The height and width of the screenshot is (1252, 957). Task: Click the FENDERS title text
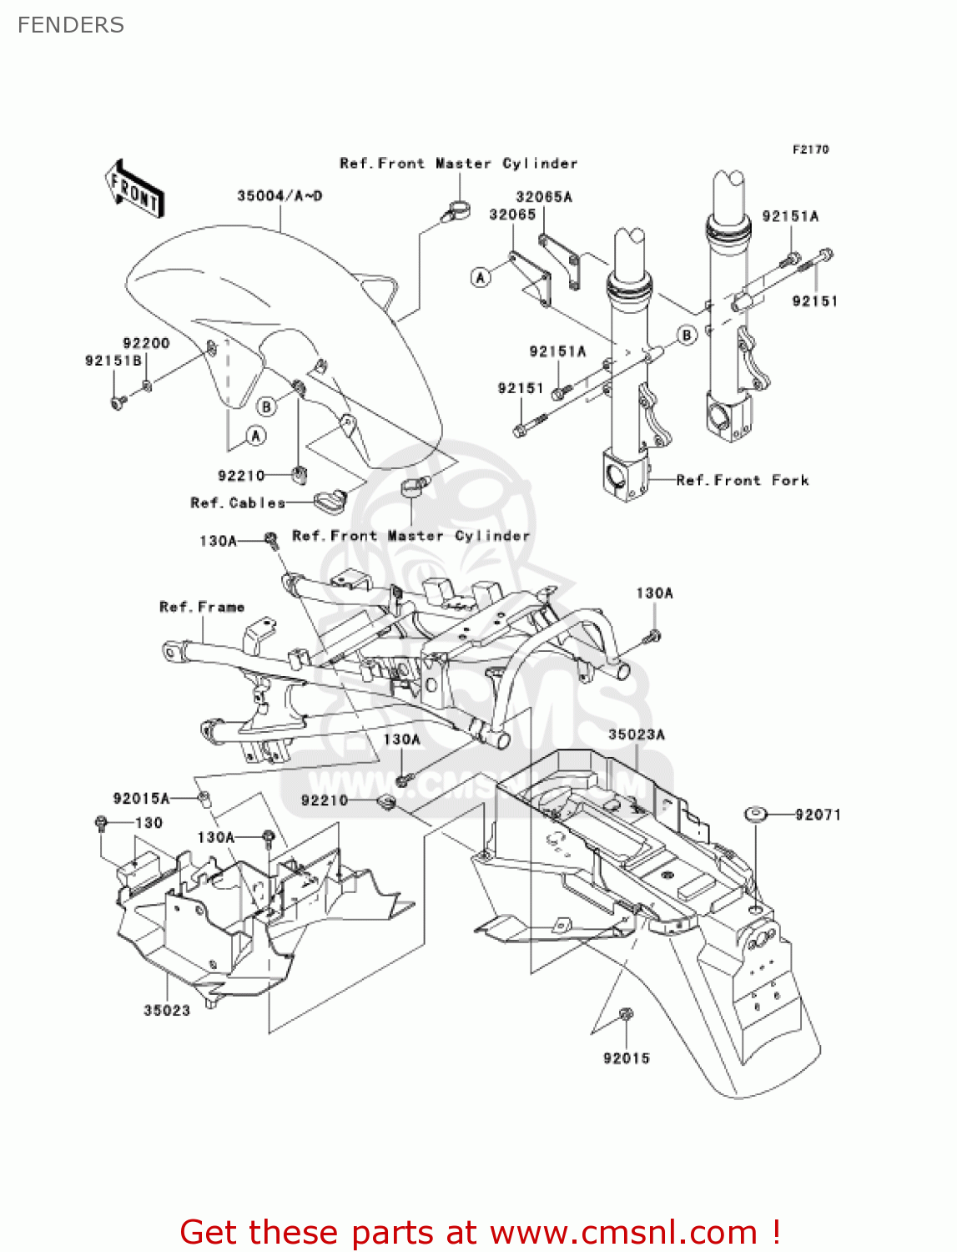pos(71,25)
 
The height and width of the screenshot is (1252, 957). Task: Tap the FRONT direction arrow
pos(134,189)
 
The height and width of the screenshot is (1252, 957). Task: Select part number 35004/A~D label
pos(280,196)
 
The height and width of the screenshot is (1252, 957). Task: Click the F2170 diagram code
pos(810,149)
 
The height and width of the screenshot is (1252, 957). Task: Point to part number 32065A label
pos(544,197)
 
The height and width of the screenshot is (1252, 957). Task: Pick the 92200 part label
pos(146,343)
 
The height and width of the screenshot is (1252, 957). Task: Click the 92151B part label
pos(113,361)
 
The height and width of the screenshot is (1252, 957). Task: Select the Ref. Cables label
pos(238,502)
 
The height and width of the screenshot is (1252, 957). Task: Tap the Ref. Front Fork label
pos(742,480)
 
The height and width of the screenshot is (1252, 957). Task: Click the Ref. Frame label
pos(202,607)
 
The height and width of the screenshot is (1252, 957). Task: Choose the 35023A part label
pos(637,735)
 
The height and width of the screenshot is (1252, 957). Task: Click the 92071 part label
pos(818,815)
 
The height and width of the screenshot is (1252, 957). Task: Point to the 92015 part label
pos(626,1058)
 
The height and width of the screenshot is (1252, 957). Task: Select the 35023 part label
pos(167,1011)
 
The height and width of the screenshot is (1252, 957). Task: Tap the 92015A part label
pos(141,799)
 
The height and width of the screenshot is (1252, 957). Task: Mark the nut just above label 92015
pos(626,1014)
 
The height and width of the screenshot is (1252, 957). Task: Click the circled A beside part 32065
pos(481,277)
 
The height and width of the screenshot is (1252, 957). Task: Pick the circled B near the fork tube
pos(686,336)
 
